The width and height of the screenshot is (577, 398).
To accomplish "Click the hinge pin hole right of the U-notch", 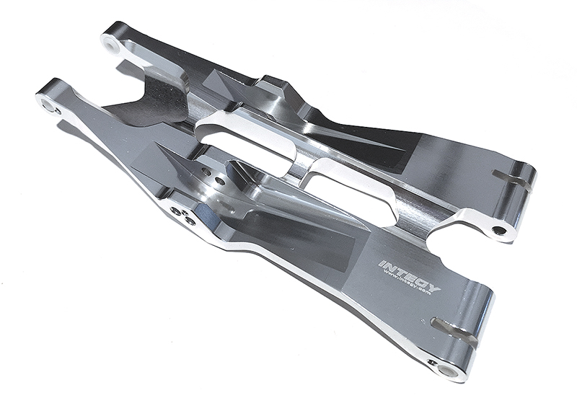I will point(498,231).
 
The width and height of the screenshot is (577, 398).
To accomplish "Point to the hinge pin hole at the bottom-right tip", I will point(448,371).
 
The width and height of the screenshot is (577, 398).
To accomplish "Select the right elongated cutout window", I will point(350,186).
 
